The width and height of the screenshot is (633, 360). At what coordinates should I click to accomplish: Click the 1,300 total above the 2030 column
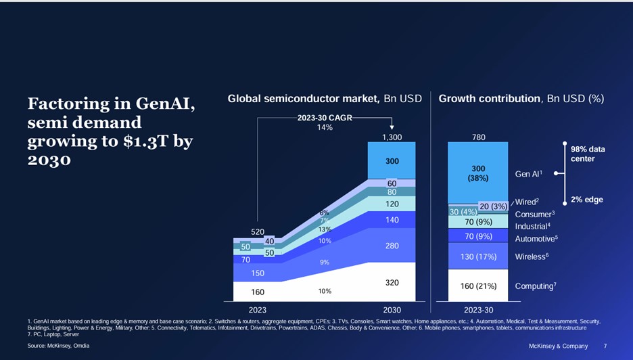[x=392, y=137]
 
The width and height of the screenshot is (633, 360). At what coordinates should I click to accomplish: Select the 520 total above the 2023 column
[x=258, y=231]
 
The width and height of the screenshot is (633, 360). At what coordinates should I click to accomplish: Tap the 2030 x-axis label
[x=392, y=310]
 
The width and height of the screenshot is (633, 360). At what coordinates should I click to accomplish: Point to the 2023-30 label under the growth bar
[x=477, y=310]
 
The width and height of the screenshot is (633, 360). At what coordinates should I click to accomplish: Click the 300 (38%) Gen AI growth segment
[x=478, y=173]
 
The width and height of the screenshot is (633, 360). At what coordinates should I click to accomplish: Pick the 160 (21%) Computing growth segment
[x=478, y=286]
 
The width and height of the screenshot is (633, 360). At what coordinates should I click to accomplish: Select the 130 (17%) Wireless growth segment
[x=478, y=256]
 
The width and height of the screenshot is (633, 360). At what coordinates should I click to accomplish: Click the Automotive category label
[x=536, y=239]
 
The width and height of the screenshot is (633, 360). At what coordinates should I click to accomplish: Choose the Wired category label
[x=527, y=202]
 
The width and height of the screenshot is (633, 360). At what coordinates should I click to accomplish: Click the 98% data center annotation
[x=588, y=154]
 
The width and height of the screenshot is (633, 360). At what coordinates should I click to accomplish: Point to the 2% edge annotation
[x=586, y=200]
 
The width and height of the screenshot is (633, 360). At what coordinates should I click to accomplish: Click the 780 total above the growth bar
[x=478, y=137]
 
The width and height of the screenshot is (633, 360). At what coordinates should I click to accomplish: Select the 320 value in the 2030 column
[x=392, y=284]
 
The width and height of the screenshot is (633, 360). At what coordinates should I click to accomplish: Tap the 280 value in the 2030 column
[x=392, y=246]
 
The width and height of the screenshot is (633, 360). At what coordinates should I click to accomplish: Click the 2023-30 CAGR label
[x=325, y=118]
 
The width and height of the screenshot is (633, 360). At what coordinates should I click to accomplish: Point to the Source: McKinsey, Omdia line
[x=58, y=346]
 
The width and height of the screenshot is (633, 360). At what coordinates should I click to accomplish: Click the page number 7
[x=605, y=346]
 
